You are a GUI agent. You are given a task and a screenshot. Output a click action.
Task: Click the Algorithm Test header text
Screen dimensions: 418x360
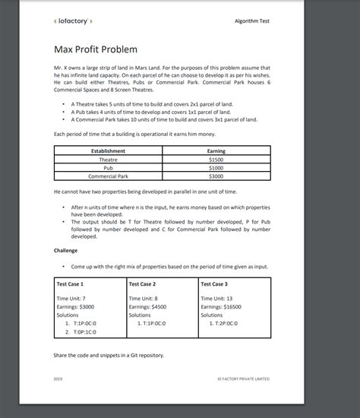click(x=252, y=21)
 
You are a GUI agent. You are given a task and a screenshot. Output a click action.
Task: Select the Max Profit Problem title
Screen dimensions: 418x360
click(x=96, y=49)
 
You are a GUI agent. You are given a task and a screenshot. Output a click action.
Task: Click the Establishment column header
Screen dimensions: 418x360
click(x=108, y=152)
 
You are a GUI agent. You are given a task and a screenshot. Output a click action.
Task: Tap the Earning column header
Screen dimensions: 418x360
click(x=216, y=152)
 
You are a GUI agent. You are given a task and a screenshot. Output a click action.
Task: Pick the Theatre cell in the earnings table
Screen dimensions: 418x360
click(x=108, y=160)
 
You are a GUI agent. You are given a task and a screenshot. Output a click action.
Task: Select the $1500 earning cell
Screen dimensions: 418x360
click(x=216, y=160)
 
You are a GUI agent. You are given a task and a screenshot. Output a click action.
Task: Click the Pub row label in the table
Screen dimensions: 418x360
click(x=108, y=168)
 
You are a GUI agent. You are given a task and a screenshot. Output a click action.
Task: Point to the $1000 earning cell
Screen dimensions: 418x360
click(x=216, y=168)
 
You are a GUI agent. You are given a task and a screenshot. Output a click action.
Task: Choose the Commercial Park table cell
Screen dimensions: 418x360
click(x=108, y=176)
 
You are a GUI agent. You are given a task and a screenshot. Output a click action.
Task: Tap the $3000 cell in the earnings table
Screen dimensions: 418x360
click(x=216, y=176)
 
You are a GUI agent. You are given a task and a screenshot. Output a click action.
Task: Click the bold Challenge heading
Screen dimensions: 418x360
click(x=66, y=250)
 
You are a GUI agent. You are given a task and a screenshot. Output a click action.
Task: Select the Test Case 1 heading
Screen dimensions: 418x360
click(x=71, y=283)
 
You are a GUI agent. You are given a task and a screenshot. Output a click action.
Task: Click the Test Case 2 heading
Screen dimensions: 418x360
click(x=143, y=283)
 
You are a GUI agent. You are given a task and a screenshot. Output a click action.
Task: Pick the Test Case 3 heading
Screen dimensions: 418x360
click(x=215, y=283)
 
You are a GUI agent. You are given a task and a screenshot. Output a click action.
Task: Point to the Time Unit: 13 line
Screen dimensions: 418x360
click(x=216, y=298)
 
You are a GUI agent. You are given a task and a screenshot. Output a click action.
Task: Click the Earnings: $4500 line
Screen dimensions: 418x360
click(x=147, y=306)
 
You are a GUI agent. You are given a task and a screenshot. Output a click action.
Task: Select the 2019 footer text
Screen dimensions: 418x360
click(x=58, y=378)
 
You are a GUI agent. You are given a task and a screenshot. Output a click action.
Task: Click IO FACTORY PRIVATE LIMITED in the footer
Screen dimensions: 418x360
click(x=242, y=378)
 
